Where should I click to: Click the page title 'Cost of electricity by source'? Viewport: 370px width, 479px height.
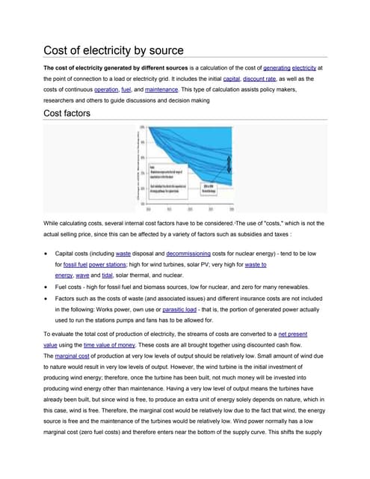[x=113, y=51]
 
